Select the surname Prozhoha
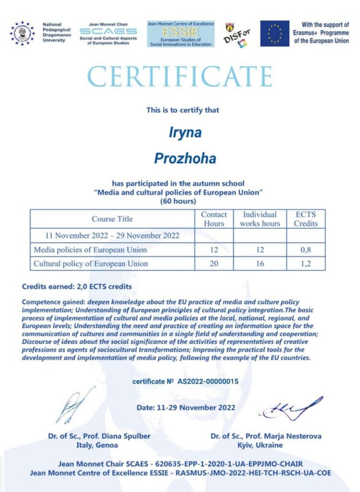(179, 158)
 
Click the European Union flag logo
(275, 33)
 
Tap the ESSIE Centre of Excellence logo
(180, 34)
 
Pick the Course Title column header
(112, 219)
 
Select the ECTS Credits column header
(306, 219)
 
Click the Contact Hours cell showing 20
(214, 263)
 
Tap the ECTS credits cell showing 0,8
(306, 250)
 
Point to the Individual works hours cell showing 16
(260, 263)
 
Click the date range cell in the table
(112, 235)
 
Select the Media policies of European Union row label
(90, 250)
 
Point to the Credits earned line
(77, 287)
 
